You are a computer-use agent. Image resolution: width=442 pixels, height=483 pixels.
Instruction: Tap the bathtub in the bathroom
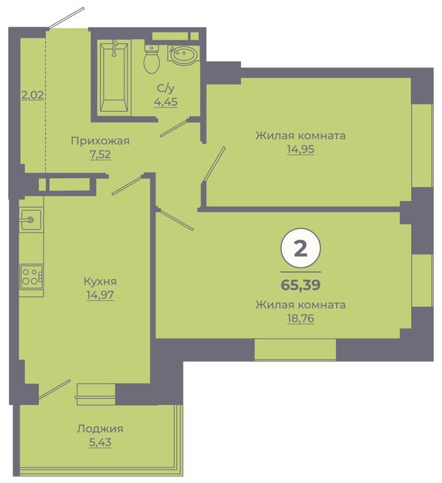coord(114,77)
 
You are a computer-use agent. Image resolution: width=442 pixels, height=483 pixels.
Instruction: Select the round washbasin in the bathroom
coord(182,55)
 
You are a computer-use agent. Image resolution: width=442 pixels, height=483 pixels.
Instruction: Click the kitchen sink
coord(31,219)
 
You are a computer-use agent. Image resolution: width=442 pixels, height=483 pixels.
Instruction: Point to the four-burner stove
coord(32,277)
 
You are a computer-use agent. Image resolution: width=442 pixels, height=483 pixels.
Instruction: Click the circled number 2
coord(301,248)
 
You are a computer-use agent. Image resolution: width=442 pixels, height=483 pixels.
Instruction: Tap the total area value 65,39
coord(301,285)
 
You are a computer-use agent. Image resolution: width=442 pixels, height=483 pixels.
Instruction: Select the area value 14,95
coord(301,149)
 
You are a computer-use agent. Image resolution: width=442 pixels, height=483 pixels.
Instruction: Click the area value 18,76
coord(301,319)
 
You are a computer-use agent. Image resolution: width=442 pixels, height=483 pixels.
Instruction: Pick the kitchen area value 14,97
coord(100,295)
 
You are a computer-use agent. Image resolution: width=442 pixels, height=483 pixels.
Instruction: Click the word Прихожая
coord(100,141)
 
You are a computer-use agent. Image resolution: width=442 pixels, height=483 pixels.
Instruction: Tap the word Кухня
coord(100,281)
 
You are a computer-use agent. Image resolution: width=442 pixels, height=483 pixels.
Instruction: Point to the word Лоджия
coord(100,429)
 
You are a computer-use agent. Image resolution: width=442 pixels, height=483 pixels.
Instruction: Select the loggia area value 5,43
coord(100,443)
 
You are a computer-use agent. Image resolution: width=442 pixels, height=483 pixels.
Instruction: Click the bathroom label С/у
coord(166,88)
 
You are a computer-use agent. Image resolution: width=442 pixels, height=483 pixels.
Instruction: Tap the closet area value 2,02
coord(32,95)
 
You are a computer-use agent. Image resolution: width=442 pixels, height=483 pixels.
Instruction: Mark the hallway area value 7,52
coord(100,155)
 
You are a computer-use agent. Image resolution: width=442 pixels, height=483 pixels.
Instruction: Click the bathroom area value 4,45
coord(166,102)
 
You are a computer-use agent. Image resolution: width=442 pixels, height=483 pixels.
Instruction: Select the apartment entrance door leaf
coord(66,18)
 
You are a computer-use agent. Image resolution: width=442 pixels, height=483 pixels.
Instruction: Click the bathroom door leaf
coord(175,128)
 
